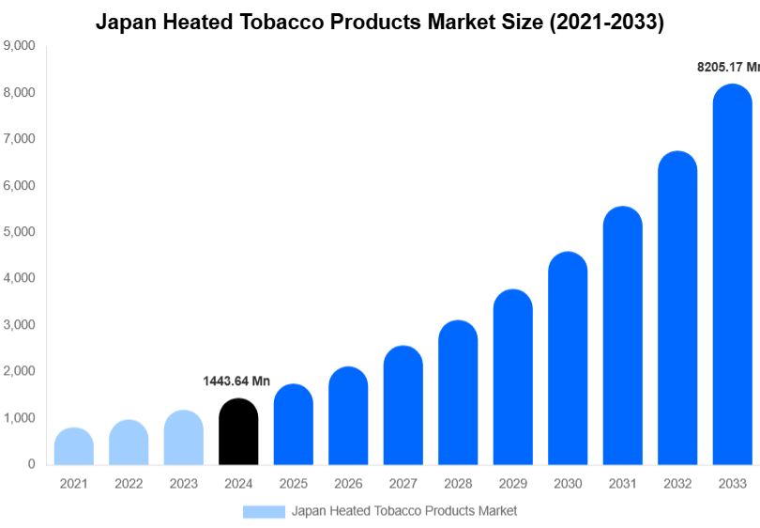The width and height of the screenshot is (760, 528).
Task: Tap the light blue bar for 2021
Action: [x=74, y=447]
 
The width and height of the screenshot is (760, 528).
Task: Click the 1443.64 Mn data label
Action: [x=236, y=381]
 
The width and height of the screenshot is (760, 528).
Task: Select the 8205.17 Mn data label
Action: [x=728, y=68]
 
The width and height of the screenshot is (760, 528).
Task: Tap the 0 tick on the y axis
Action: [x=32, y=464]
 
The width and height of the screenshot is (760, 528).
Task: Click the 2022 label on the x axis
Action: [x=129, y=484]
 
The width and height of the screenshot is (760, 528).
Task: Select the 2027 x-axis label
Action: [x=403, y=484]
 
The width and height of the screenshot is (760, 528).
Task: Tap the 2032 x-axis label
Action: [x=677, y=484]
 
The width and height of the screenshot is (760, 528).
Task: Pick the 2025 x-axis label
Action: [x=293, y=484]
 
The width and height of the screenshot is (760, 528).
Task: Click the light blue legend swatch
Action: [x=263, y=511]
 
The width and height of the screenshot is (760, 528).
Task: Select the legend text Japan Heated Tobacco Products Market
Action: [x=404, y=511]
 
